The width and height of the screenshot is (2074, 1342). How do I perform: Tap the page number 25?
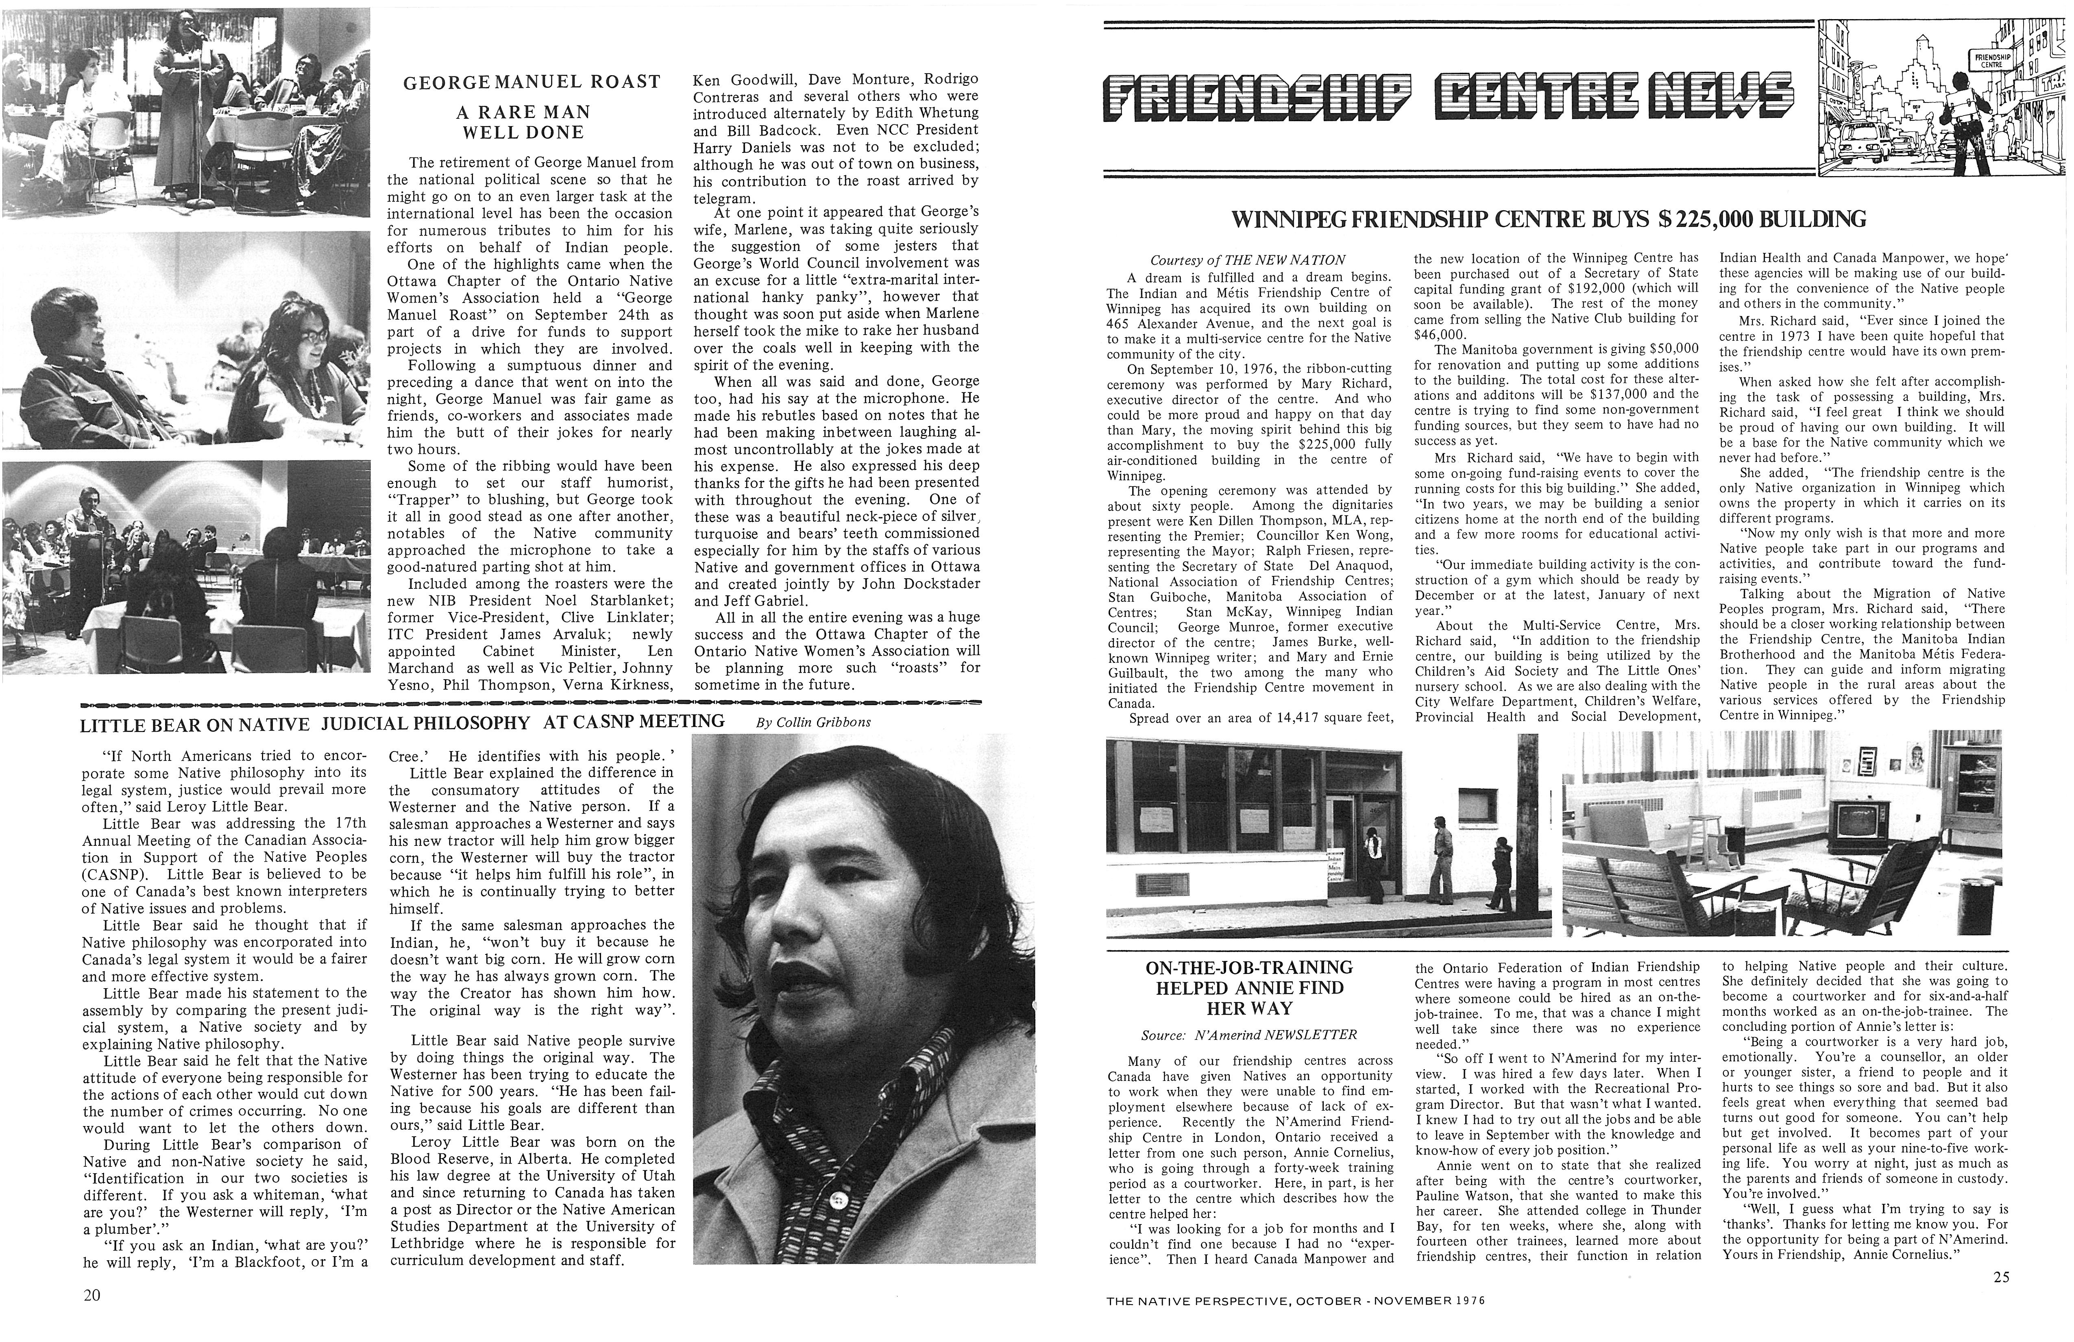(x=2001, y=1277)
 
